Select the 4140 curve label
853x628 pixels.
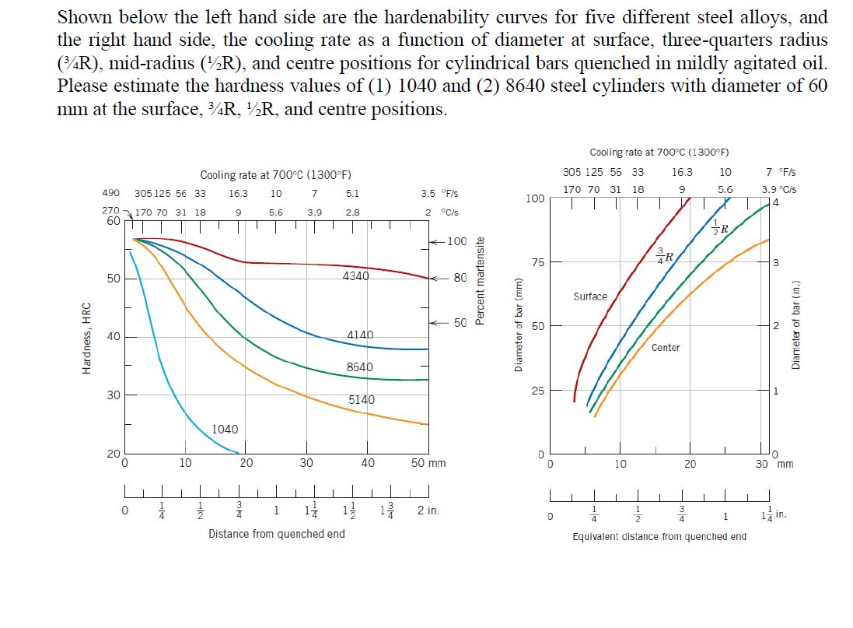tap(360, 335)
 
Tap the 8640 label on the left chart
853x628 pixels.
tap(359, 367)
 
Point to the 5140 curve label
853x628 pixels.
tap(361, 400)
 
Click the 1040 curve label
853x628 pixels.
tap(225, 430)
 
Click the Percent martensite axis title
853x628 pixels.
tap(481, 281)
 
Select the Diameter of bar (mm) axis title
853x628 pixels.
tap(518, 325)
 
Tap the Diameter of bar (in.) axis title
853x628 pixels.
tap(795, 325)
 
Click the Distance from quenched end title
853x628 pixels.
tap(276, 534)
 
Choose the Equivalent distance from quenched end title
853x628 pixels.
tap(659, 537)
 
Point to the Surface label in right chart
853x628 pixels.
tap(590, 296)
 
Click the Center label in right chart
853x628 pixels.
tap(666, 348)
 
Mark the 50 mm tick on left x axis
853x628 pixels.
tap(428, 463)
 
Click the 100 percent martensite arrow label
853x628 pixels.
tap(457, 241)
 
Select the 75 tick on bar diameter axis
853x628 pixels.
tap(537, 262)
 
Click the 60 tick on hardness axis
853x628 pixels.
tap(113, 221)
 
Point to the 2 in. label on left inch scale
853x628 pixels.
tap(428, 511)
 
